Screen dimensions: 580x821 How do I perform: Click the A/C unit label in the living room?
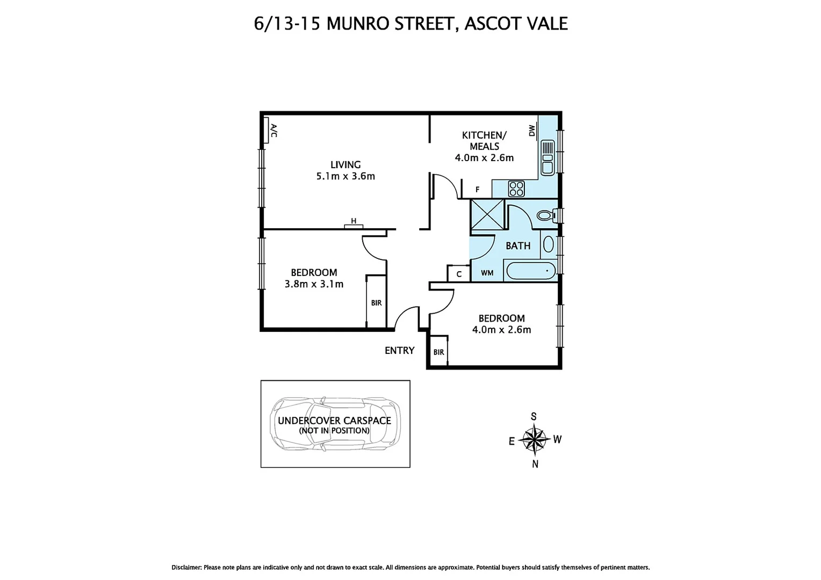coord(273,130)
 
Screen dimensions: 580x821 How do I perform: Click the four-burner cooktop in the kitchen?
coord(516,188)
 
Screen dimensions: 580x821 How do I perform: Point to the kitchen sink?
coord(548,157)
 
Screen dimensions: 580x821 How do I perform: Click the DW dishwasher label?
coord(532,130)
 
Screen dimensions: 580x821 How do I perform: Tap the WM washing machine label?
coord(487,273)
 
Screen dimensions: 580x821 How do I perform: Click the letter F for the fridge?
coord(478,190)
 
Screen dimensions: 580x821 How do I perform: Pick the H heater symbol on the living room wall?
coord(354,221)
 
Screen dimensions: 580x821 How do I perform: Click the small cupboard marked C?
coord(459,274)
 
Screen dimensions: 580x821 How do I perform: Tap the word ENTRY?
coord(399,351)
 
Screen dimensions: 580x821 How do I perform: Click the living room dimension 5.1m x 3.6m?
coord(345,176)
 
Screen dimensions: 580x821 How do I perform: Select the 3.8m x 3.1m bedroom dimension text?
coord(314,284)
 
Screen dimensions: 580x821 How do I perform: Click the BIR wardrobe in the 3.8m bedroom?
coord(376,302)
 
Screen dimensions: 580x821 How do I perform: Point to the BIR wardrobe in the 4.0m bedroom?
coord(439,352)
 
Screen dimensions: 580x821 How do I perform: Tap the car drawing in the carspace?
coord(334,424)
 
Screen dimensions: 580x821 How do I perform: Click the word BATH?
coord(518,245)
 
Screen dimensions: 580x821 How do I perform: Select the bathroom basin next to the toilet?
coord(549,244)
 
